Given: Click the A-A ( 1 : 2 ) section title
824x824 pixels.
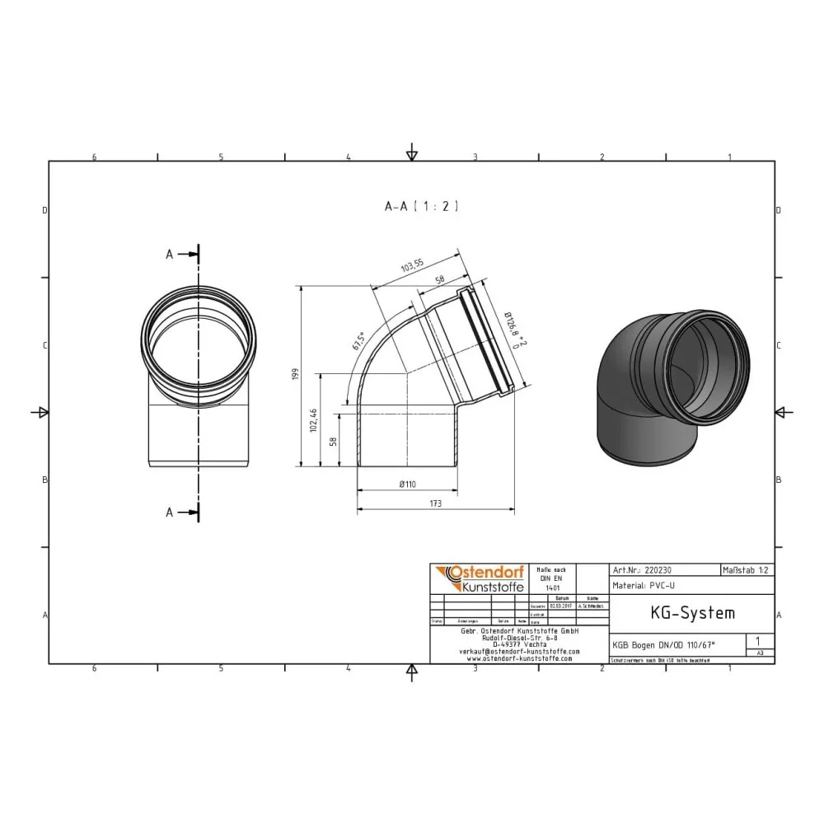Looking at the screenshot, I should click(x=420, y=207).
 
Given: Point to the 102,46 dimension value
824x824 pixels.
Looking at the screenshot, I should click(x=312, y=420).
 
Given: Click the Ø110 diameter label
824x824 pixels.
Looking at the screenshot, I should click(x=407, y=485).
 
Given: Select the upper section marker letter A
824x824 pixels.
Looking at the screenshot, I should click(x=170, y=255).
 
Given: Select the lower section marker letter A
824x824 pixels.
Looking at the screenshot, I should click(x=170, y=513).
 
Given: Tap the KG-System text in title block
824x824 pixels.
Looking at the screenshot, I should click(x=681, y=613).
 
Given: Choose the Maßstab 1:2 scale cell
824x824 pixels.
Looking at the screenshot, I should click(x=747, y=569).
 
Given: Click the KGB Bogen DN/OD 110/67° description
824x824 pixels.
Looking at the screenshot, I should click(x=664, y=645).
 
